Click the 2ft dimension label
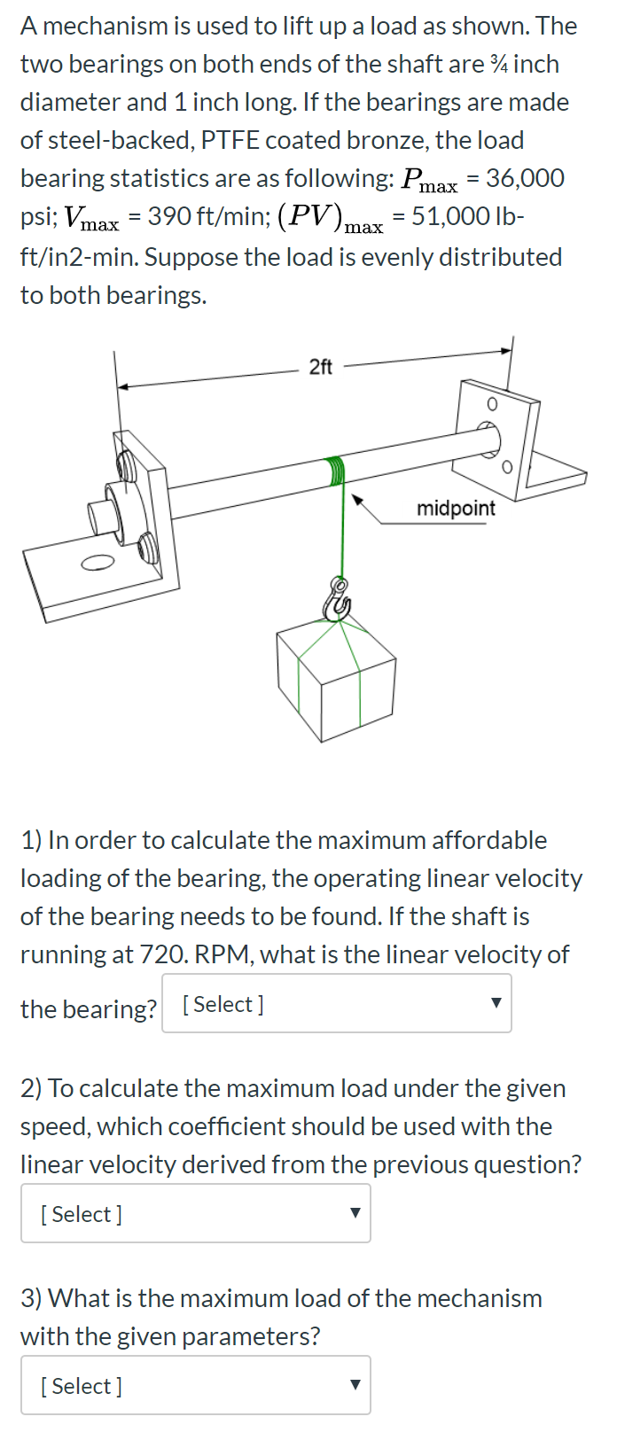point(320,367)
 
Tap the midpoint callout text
point(456,509)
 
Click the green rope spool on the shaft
point(335,471)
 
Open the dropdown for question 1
point(337,1004)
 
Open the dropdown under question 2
point(196,1214)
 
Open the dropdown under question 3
point(196,1386)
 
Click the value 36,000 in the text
point(525,178)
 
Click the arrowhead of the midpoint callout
point(358,500)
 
